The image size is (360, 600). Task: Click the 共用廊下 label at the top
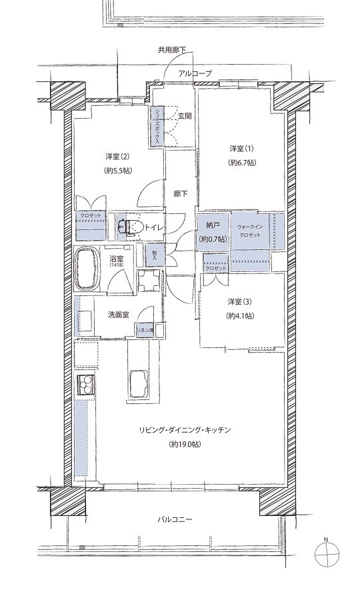(172, 50)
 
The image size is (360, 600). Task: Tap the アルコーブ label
(195, 73)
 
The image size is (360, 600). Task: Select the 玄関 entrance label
(185, 116)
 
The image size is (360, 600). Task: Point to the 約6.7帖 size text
(242, 162)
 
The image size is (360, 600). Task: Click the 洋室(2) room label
(117, 156)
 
